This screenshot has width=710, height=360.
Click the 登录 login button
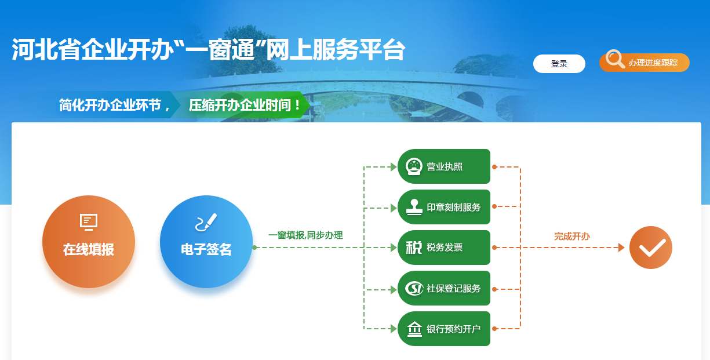click(559, 64)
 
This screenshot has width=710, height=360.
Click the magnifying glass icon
click(614, 59)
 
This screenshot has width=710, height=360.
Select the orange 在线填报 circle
click(89, 242)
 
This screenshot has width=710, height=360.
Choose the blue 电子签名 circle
click(206, 242)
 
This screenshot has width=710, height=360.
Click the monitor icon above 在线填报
click(89, 221)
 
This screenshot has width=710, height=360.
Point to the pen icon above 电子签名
click(206, 222)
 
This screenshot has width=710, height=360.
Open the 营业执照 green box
click(444, 166)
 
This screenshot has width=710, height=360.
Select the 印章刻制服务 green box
click(444, 207)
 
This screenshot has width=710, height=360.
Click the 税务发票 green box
click(444, 248)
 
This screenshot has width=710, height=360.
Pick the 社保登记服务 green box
click(444, 288)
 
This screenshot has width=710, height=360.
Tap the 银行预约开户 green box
click(444, 329)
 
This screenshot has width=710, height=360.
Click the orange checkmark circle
click(650, 248)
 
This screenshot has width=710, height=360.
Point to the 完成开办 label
click(571, 237)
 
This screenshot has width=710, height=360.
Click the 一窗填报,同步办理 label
click(305, 235)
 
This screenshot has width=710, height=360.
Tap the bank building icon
click(414, 329)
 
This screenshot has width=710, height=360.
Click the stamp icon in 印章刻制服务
click(414, 207)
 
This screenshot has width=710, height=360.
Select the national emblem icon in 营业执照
click(414, 166)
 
